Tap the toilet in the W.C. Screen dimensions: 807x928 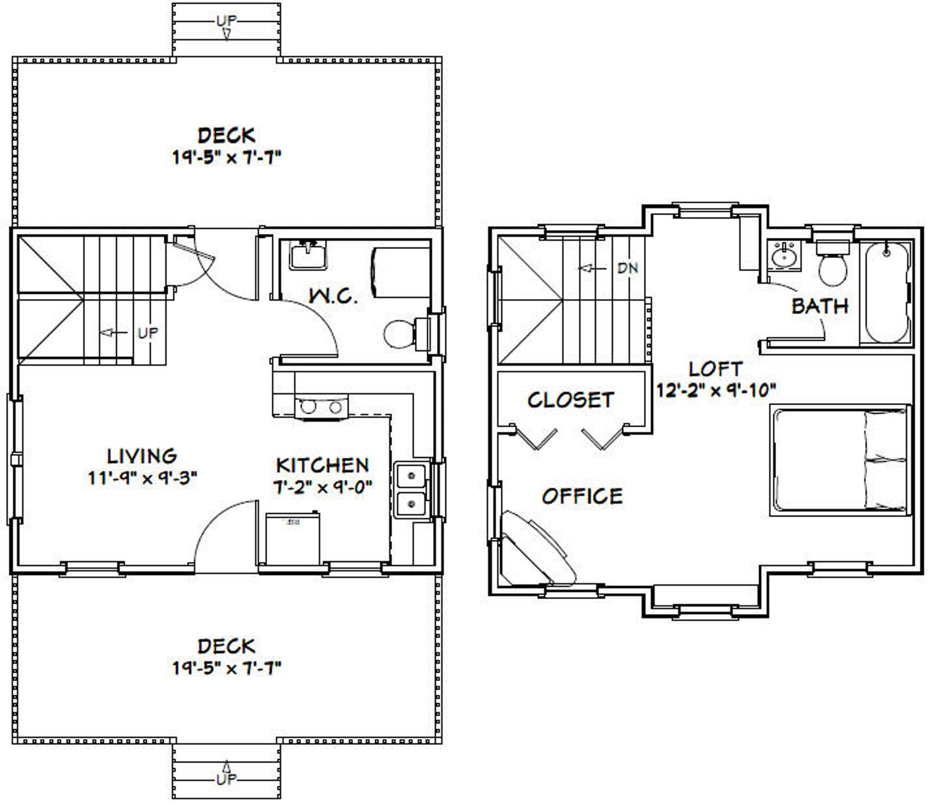click(x=399, y=334)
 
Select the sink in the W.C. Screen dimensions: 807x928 click(x=307, y=256)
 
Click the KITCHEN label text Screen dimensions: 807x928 click(x=323, y=465)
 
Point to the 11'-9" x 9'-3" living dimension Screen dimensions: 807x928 click(x=142, y=479)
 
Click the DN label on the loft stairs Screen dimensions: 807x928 click(x=628, y=268)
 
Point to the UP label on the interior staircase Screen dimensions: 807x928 click(x=147, y=333)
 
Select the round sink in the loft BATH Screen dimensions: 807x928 click(x=781, y=256)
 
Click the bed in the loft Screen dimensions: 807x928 click(x=840, y=461)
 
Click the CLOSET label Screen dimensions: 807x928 click(x=570, y=400)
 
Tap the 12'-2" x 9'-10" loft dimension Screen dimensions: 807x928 click(x=716, y=390)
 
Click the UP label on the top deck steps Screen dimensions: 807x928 click(x=226, y=20)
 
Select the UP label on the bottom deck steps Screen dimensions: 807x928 click(x=226, y=780)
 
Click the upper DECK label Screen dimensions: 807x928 click(x=227, y=136)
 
